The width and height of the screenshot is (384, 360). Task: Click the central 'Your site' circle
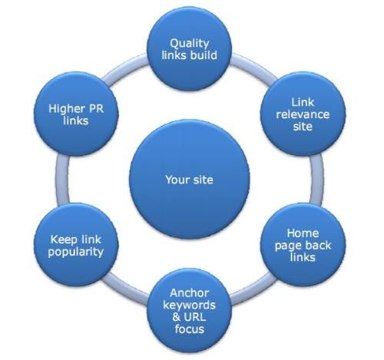coord(190,180)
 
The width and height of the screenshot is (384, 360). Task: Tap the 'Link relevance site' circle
coord(303,114)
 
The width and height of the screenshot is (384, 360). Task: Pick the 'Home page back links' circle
coord(303,245)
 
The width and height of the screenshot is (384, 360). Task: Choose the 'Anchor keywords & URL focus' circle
coord(190,310)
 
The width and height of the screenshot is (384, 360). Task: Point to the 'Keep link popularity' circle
coord(76,245)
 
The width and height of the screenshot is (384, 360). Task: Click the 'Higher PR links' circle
coord(76,114)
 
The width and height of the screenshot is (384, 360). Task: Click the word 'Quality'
coord(190,44)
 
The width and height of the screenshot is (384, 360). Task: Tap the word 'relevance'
coord(303,114)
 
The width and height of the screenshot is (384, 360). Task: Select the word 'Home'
coord(303,233)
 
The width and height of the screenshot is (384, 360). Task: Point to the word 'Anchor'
coord(189,293)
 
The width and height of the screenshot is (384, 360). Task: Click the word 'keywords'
coord(189,306)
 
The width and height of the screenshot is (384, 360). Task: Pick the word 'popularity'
coord(76,252)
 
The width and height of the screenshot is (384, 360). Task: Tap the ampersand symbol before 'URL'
coord(177,317)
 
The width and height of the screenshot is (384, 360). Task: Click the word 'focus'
coord(190,329)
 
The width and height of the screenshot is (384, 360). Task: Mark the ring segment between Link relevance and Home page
coord(316,180)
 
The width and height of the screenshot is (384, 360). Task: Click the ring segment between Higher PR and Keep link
coord(62,180)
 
